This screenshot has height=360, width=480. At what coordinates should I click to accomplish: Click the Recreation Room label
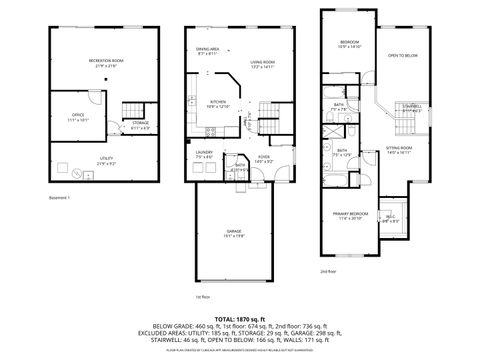tap(99, 63)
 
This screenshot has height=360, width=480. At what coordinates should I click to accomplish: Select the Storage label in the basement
tap(140, 125)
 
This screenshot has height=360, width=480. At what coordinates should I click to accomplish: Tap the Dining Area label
tap(208, 51)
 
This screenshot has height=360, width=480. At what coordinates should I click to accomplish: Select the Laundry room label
tap(205, 154)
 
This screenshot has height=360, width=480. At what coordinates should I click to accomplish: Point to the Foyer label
tap(264, 158)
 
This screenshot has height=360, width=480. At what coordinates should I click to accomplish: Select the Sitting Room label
tap(398, 150)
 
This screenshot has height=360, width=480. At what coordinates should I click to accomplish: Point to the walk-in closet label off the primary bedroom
tap(391, 217)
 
